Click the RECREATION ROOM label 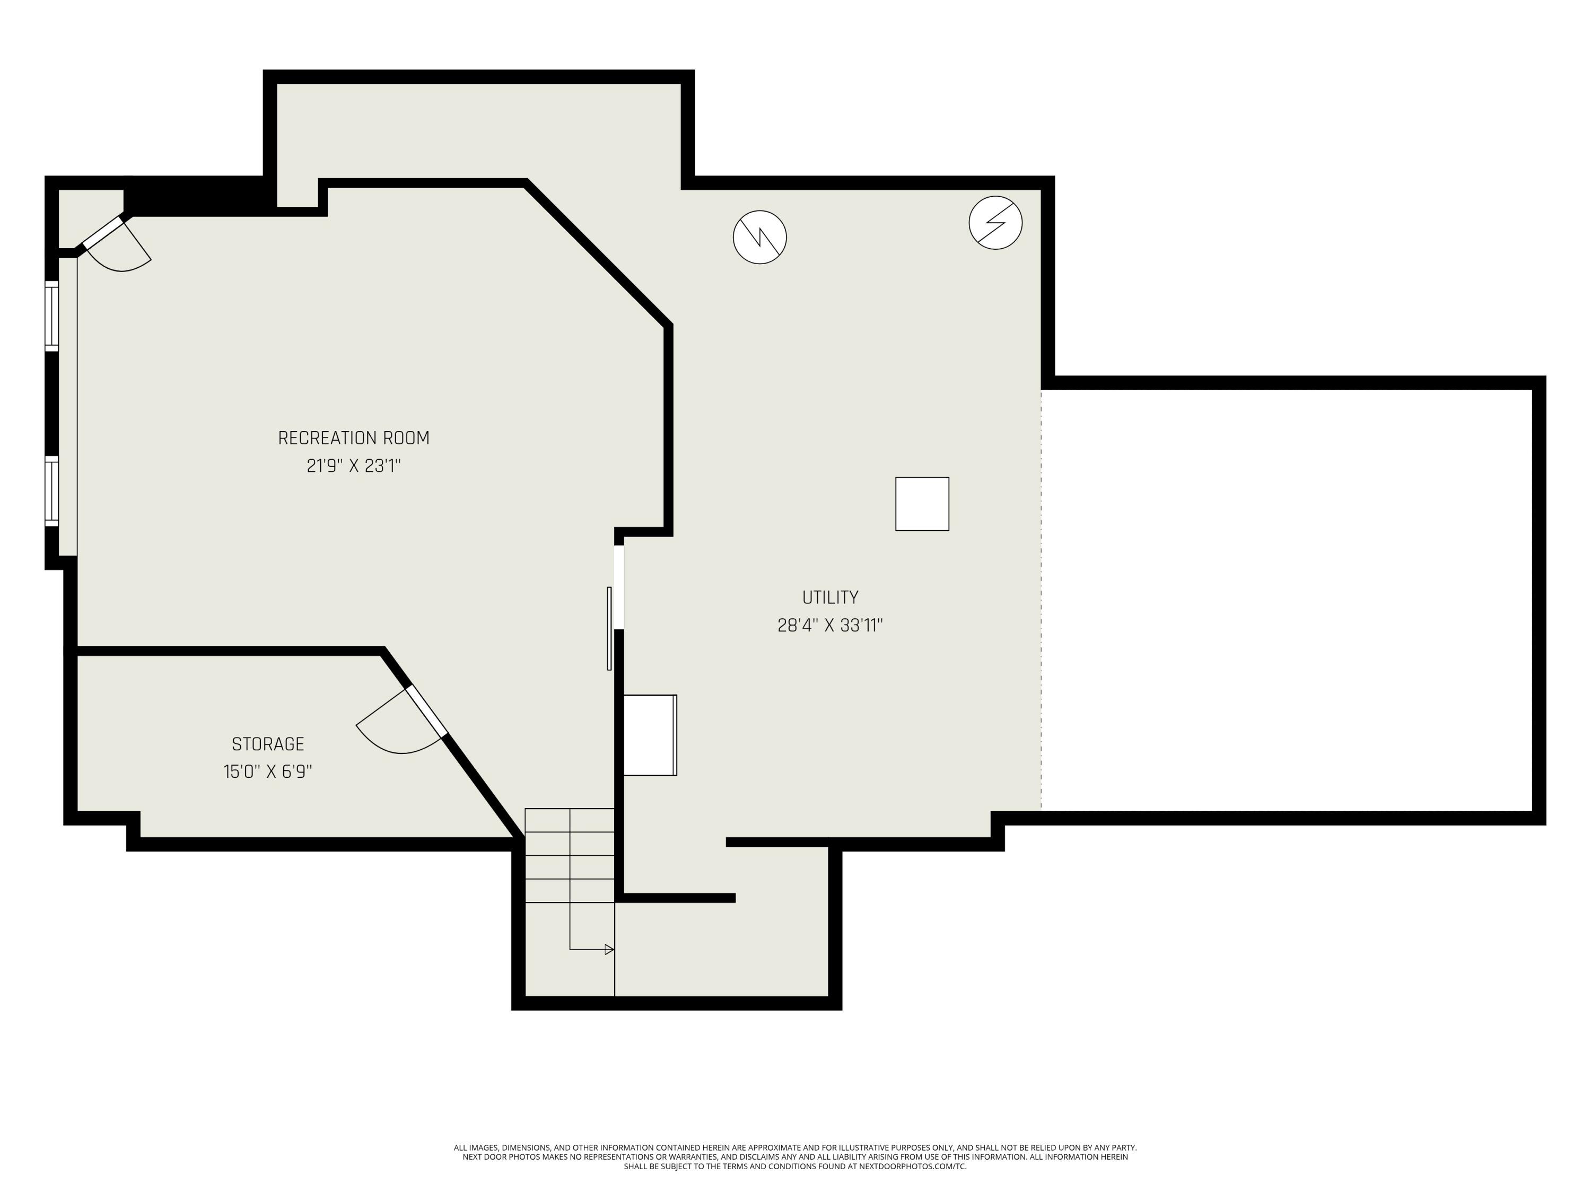pos(353,438)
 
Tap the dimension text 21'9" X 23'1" pos(353,466)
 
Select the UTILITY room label pos(830,598)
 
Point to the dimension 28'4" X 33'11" pos(830,626)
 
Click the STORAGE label pos(268,744)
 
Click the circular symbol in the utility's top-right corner pos(995,223)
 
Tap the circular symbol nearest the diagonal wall pos(759,238)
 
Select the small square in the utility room pos(922,504)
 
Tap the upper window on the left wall pos(52,317)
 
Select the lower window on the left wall pos(52,491)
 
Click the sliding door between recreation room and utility pos(610,628)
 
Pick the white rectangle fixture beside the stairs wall pos(650,735)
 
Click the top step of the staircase pos(570,820)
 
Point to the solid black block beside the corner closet pos(194,196)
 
